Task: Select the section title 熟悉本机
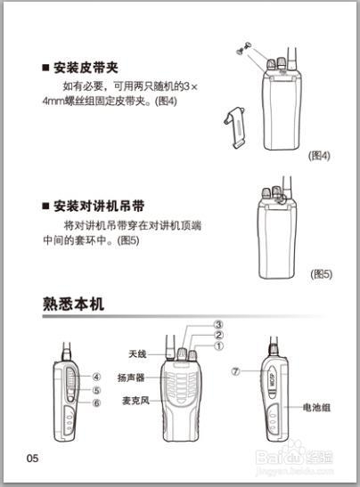73,304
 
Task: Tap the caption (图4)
319,155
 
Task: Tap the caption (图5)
321,274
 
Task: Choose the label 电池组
316,407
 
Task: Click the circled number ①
218,346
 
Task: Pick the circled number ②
218,335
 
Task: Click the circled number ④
96,377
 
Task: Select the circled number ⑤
96,390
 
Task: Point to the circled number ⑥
96,402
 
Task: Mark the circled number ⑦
235,372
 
